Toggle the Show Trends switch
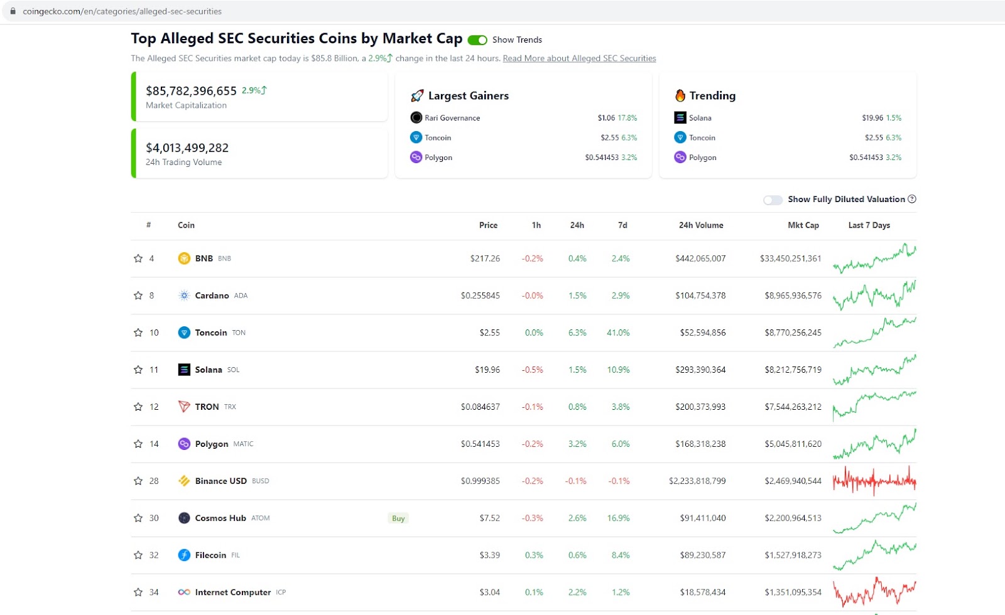477,40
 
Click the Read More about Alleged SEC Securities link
579,58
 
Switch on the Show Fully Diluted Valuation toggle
773,200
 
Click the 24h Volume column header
701,225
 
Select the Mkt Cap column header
803,225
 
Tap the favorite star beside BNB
138,258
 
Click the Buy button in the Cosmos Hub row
398,518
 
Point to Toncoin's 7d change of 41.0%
618,333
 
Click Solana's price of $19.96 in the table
487,370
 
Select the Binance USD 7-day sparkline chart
874,481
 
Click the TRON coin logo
184,407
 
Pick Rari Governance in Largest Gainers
452,118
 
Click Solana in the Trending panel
700,118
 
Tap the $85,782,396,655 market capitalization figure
191,91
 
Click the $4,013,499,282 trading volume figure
187,147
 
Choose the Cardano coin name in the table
212,296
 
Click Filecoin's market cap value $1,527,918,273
793,555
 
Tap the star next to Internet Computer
138,592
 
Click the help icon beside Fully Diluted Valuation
911,199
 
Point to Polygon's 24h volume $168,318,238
700,444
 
